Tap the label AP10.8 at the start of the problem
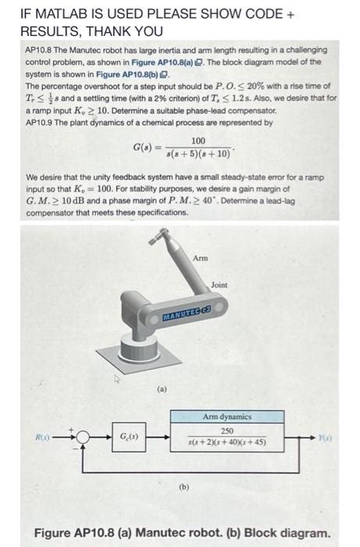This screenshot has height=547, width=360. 40,50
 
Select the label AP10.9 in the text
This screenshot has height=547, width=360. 39,122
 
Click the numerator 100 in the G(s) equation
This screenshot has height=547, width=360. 198,141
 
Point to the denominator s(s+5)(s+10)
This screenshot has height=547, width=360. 199,154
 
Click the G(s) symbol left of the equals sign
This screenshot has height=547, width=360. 145,147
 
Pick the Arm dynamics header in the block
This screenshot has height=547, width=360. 227,417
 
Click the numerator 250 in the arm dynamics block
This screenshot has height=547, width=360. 227,431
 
